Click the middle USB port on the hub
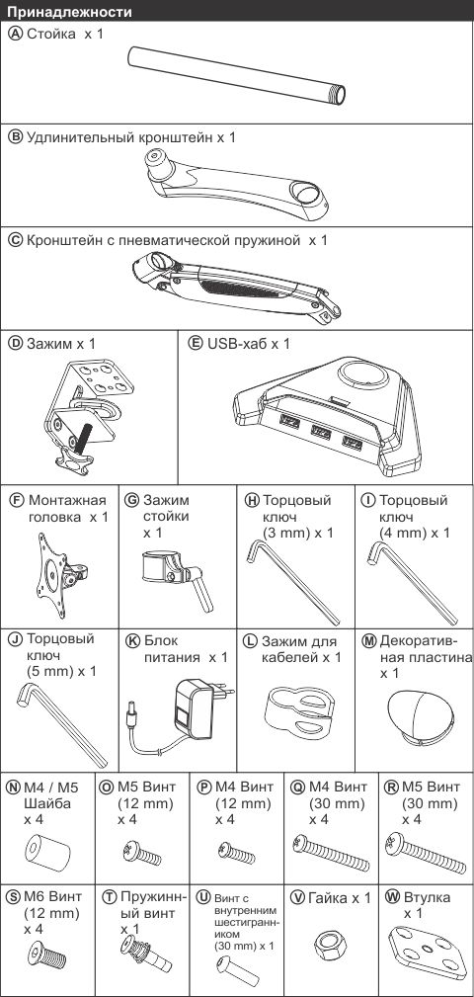click(x=321, y=432)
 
